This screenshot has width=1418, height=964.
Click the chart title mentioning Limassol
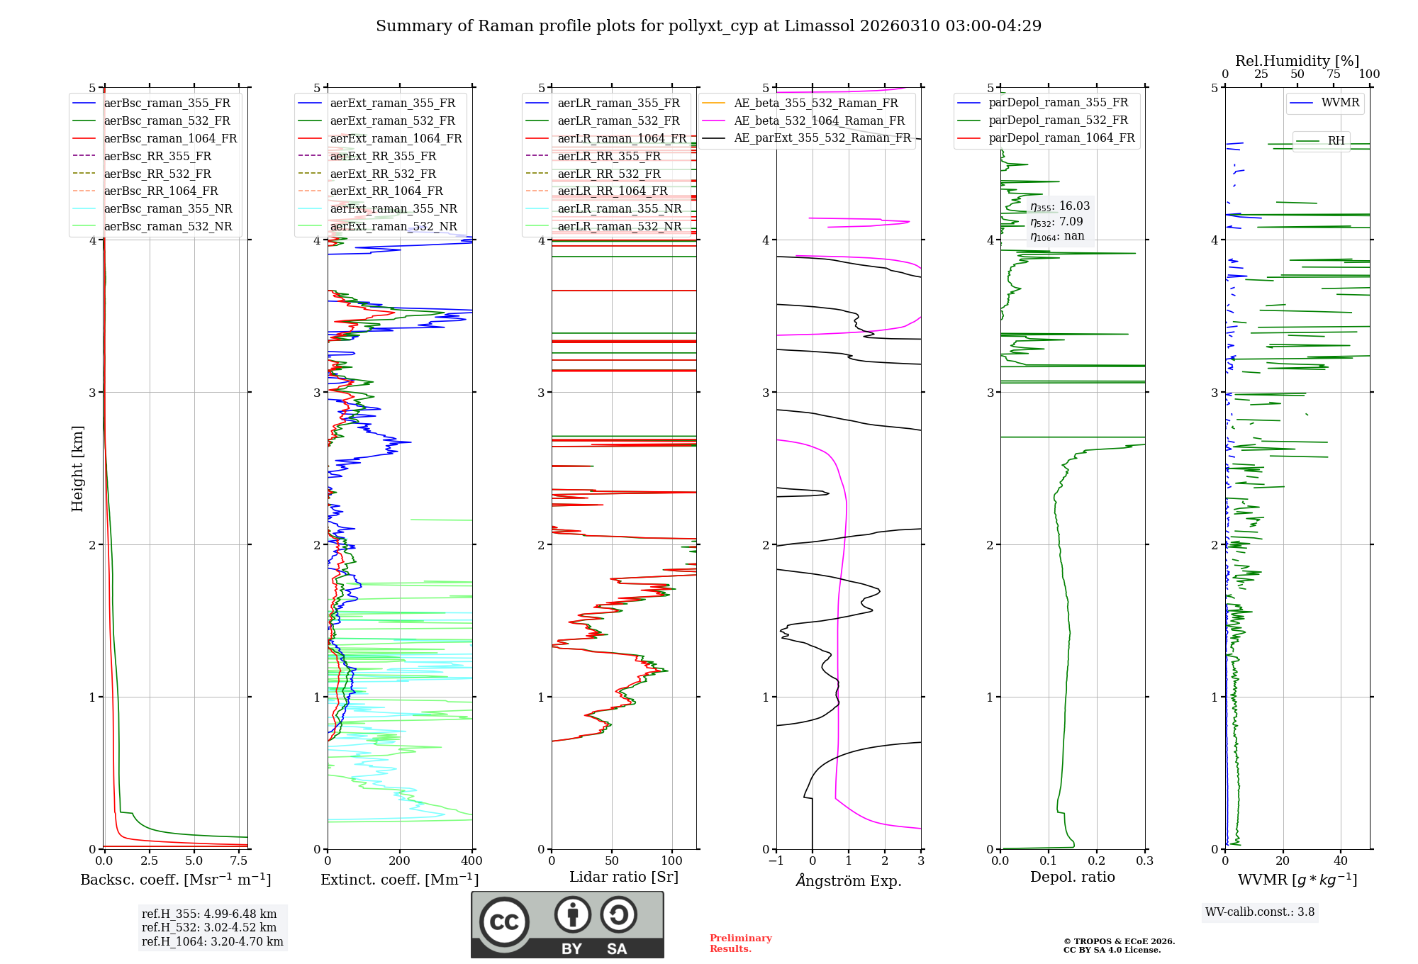(x=708, y=26)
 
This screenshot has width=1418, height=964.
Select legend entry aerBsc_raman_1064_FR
(x=170, y=139)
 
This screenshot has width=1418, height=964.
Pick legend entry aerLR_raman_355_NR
(x=619, y=209)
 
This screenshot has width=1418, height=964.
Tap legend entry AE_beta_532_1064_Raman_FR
(x=819, y=121)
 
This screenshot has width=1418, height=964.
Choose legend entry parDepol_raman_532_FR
(x=1058, y=120)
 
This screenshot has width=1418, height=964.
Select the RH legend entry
(x=1336, y=141)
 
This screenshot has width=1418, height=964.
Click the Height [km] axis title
(x=77, y=469)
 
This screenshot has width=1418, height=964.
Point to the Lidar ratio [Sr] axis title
(x=624, y=878)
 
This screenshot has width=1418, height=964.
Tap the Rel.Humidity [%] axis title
(x=1297, y=61)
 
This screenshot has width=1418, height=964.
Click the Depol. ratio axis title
(x=1072, y=878)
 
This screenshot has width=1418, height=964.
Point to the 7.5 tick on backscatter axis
(x=239, y=861)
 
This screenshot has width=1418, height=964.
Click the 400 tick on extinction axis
(x=472, y=861)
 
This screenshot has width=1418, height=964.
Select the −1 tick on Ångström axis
(x=776, y=861)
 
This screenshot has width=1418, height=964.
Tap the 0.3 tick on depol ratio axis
(x=1145, y=861)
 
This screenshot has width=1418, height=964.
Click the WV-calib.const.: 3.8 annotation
(x=1259, y=912)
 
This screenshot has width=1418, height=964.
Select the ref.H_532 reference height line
(x=209, y=928)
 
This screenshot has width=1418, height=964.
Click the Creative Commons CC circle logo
(x=504, y=922)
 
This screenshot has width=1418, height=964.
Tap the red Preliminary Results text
(x=740, y=943)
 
